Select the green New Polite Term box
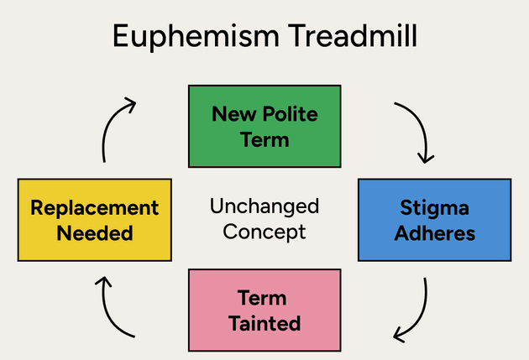coord(264,126)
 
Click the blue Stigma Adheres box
coord(434,219)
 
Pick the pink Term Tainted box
coord(264,310)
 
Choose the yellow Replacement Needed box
coord(95,219)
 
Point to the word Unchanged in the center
coord(264,206)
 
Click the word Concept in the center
coord(264,231)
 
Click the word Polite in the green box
coord(289,113)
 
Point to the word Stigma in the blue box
coord(434,207)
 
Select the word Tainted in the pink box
coord(264,322)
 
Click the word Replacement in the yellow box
coord(95,207)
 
